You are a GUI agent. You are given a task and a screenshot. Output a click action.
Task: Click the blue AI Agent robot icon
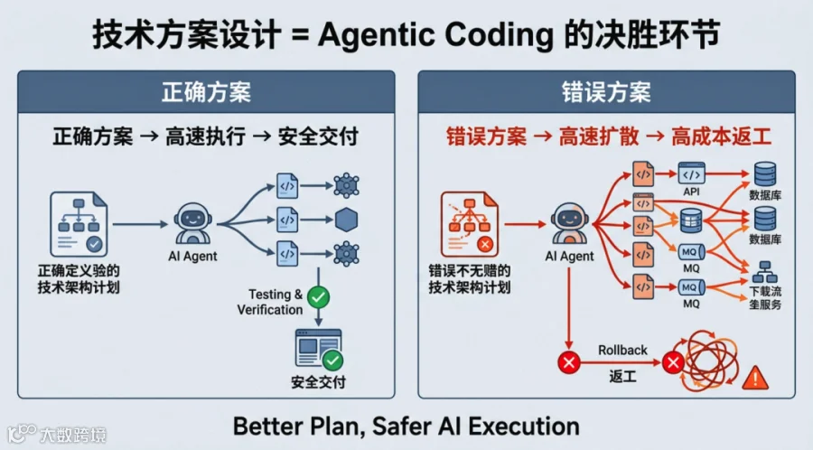coord(193,223)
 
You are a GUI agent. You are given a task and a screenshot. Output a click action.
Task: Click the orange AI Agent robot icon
coord(569,223)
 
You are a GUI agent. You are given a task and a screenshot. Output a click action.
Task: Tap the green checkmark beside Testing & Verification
coord(318,297)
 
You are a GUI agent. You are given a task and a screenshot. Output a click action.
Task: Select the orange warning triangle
coord(755,378)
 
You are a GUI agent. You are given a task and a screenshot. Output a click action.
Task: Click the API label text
coord(691,192)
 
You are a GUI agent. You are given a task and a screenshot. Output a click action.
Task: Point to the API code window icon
coord(692,173)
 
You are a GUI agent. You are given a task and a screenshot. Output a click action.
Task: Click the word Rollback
coord(622,351)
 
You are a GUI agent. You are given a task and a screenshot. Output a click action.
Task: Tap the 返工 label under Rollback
coord(622,376)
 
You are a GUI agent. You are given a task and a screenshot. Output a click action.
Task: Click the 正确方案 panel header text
coord(206,92)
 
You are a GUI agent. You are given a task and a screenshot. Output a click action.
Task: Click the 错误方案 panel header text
coord(606,92)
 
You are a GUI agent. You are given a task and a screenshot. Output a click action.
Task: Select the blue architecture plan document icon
coord(79,224)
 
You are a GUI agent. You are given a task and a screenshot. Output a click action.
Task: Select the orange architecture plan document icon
coord(469,224)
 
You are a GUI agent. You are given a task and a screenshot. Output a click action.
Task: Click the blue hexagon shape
coord(346,220)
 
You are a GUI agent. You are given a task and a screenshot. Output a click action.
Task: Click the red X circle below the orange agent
coord(569,361)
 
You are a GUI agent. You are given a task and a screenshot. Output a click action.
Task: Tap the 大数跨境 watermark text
coord(72,435)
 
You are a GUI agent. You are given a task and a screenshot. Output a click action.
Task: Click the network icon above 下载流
coord(765,272)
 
